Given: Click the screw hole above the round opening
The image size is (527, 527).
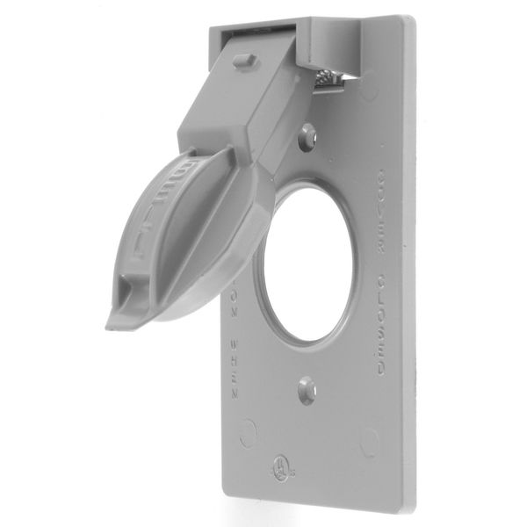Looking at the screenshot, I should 307,135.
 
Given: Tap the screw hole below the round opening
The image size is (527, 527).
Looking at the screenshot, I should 304,390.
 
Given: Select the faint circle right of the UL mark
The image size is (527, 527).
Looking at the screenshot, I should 370,438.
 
